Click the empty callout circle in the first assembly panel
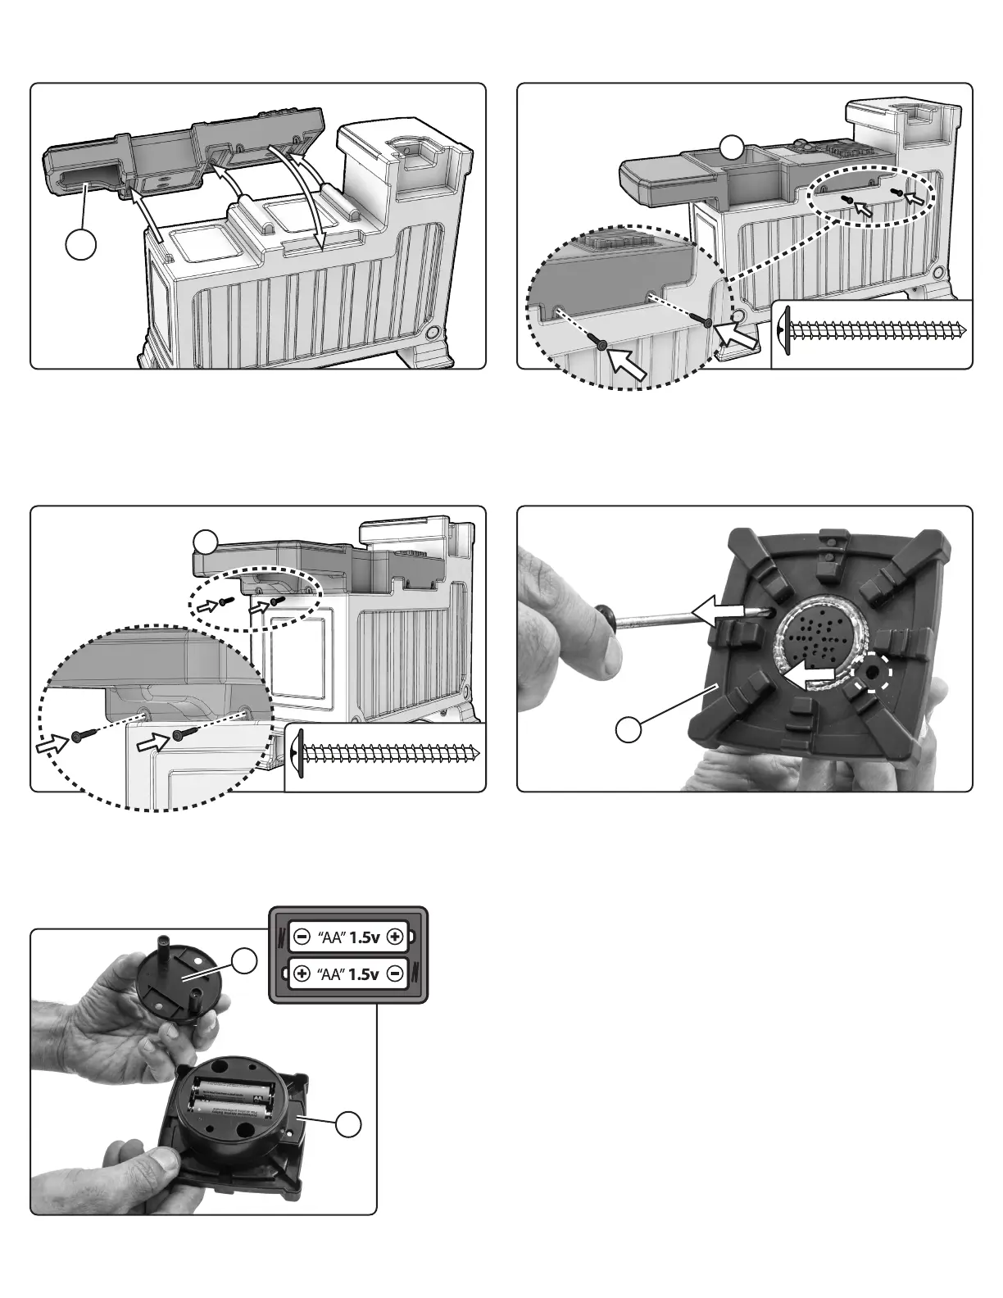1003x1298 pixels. [82, 244]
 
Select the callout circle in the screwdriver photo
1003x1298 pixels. [629, 729]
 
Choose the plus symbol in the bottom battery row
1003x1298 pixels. [302, 974]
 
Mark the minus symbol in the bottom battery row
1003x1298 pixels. [396, 974]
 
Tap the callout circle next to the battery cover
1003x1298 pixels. [243, 961]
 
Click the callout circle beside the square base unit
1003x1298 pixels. [350, 1125]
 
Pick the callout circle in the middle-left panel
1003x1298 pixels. [206, 541]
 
